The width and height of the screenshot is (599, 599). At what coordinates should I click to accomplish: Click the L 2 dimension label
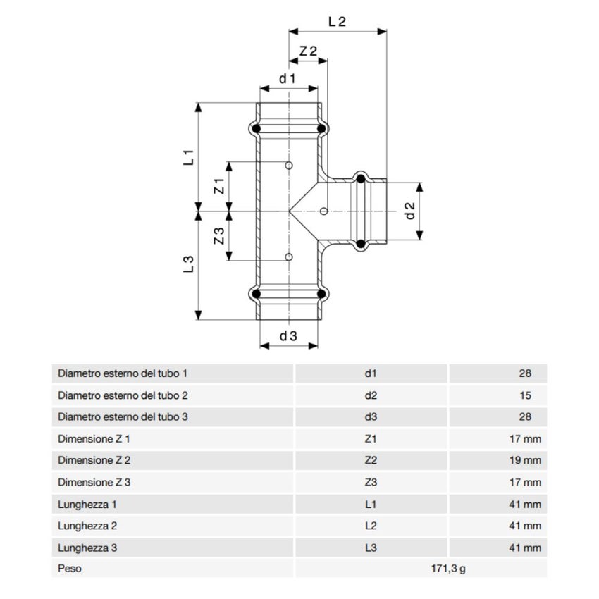click(338, 21)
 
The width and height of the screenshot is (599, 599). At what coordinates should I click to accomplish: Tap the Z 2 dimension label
click(308, 51)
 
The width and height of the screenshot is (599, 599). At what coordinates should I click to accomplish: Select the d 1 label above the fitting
click(286, 79)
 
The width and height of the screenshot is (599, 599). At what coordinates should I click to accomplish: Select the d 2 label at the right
click(409, 210)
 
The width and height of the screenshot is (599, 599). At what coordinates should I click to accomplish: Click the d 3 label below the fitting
click(288, 337)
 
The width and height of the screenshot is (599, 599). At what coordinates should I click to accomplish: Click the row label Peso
click(70, 569)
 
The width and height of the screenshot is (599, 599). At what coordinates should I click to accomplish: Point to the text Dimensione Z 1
click(94, 439)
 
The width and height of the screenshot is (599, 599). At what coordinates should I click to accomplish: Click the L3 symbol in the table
click(371, 548)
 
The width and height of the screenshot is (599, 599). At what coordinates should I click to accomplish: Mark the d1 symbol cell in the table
click(371, 374)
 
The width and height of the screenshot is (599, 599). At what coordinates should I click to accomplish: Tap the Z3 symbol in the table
click(371, 483)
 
